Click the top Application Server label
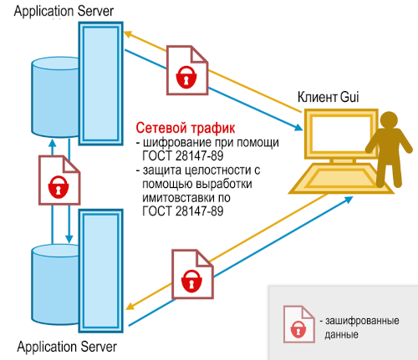64,12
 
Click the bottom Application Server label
67,347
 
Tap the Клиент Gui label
328,97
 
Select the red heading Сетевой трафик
186,128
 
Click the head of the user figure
389,119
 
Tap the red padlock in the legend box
298,329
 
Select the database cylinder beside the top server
55,97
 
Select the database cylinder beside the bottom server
55,285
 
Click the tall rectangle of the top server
101,84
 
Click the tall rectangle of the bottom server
101,271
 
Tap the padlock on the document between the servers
59,187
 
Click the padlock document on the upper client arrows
187,70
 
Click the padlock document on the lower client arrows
192,274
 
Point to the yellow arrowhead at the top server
127,34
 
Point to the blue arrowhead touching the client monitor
298,128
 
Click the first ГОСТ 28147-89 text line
183,156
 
